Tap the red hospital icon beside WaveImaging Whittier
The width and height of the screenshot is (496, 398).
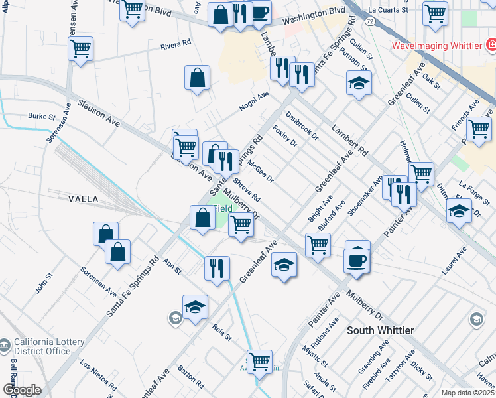click(x=491, y=45)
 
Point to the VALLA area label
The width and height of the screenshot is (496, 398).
click(x=83, y=199)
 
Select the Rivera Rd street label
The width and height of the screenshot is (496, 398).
click(x=176, y=47)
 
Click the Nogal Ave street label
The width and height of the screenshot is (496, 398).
click(x=254, y=102)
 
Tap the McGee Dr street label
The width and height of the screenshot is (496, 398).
click(x=260, y=170)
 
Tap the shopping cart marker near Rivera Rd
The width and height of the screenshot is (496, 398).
click(x=80, y=48)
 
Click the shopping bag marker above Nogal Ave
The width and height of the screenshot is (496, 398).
click(x=198, y=78)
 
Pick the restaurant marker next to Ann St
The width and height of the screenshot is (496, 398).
click(x=217, y=268)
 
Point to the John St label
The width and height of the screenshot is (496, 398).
click(x=44, y=285)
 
